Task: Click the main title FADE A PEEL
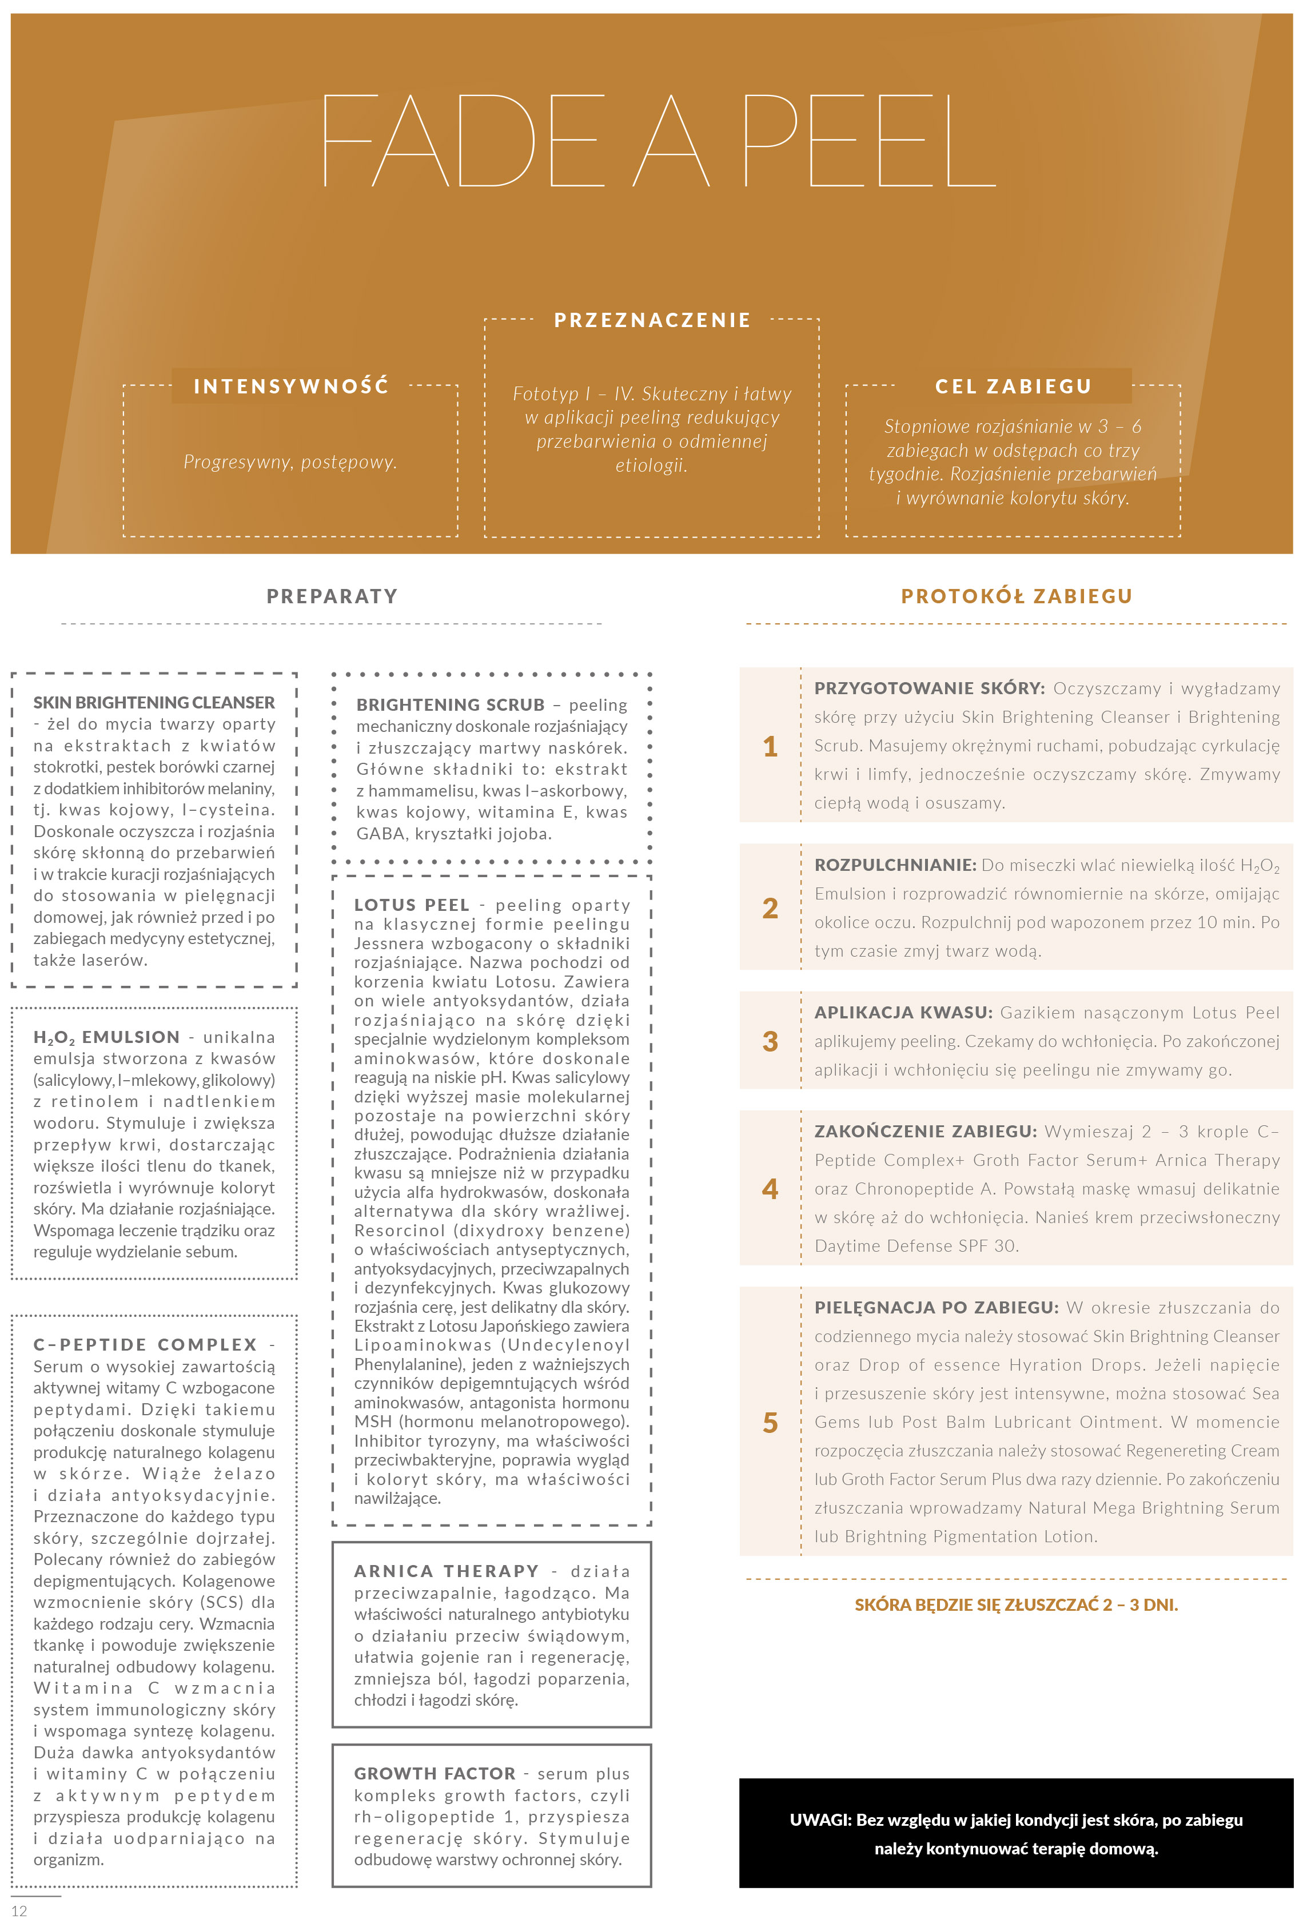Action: (x=658, y=141)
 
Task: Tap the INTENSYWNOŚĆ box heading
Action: (x=290, y=387)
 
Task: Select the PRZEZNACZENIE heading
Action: (x=652, y=320)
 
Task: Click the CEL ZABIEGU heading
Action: (x=1013, y=387)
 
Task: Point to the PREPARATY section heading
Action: (x=332, y=596)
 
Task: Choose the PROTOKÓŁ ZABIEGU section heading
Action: (x=1016, y=596)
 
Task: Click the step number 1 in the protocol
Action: (x=770, y=746)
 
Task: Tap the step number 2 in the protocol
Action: (x=770, y=907)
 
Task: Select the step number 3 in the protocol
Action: (x=770, y=1041)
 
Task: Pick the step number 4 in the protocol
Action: (x=770, y=1189)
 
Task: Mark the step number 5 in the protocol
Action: (x=770, y=1423)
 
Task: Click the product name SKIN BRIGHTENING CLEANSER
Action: (x=154, y=703)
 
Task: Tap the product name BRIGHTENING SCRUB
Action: (x=450, y=705)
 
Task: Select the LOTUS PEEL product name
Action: (x=411, y=905)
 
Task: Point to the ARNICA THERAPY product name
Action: (x=446, y=1571)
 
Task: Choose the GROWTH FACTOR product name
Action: (x=435, y=1773)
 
